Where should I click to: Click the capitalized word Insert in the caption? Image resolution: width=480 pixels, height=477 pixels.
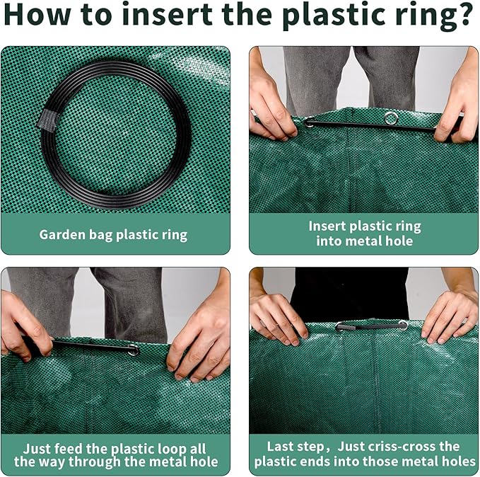(329, 226)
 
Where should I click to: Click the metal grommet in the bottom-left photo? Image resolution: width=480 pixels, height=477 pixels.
(133, 349)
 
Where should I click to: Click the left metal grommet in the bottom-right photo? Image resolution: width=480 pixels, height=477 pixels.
(341, 327)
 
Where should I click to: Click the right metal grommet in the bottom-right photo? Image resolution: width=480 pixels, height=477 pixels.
(403, 325)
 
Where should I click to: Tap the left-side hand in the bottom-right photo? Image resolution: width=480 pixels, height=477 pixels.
(279, 318)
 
